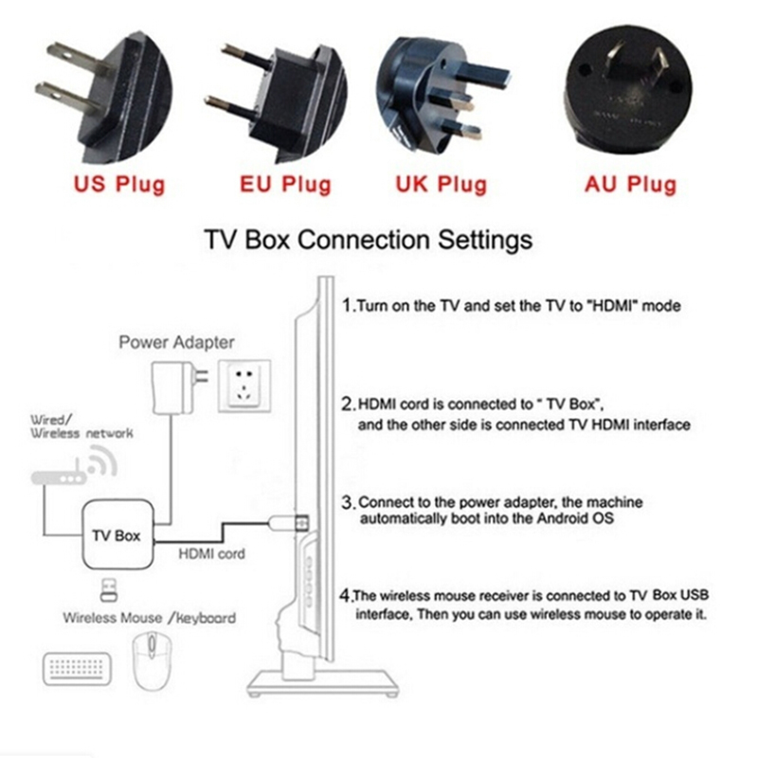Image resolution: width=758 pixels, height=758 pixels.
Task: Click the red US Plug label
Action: (117, 183)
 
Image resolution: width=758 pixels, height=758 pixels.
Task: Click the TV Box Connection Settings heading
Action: (369, 240)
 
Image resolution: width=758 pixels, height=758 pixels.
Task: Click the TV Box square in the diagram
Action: (116, 535)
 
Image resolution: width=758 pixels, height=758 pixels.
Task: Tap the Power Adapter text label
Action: (176, 342)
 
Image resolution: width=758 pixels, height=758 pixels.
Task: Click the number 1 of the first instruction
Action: (347, 306)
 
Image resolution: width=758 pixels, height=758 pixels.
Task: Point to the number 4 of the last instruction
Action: (347, 596)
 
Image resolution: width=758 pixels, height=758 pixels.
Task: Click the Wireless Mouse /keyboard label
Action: (150, 618)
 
